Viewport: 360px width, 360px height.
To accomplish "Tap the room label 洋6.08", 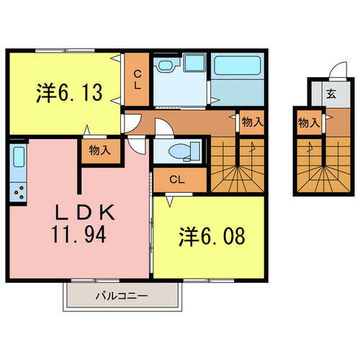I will click(210, 235).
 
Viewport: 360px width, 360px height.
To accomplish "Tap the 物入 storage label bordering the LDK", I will click(99, 151).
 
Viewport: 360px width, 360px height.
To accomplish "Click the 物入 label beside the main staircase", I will click(251, 123).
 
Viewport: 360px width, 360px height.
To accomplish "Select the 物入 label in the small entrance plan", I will click(308, 122).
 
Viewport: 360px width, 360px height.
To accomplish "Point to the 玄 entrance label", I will click(330, 93).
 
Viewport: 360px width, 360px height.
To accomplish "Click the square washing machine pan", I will click(192, 65).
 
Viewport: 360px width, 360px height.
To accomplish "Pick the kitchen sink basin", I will click(19, 158).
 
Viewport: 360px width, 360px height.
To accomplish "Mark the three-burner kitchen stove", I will click(19, 192).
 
